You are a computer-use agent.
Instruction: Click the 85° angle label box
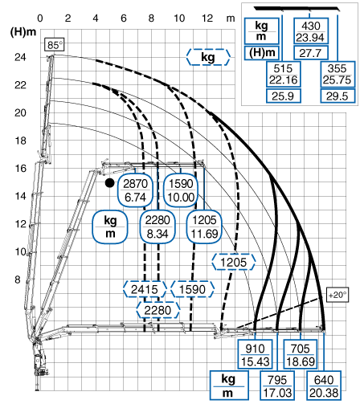click(55, 45)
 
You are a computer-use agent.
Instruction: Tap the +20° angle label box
click(337, 295)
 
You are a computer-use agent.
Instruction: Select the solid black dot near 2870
click(109, 183)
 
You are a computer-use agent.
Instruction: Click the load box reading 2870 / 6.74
click(135, 190)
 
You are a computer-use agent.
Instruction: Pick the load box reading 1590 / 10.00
click(181, 190)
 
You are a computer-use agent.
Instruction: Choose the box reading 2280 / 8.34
click(157, 226)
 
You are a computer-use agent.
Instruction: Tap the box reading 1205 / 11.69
click(204, 226)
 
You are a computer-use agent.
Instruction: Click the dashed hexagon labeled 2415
click(145, 289)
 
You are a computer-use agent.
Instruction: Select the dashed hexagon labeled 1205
click(233, 262)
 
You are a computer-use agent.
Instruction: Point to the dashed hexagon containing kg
click(208, 57)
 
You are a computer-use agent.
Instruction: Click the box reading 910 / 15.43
click(255, 355)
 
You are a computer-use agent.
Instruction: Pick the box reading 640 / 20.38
click(324, 386)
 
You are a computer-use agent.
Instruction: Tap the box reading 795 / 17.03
click(277, 386)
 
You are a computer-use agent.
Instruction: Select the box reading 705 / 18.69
click(301, 355)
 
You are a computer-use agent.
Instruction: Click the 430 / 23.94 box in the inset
click(311, 31)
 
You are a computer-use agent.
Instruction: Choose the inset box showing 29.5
click(337, 96)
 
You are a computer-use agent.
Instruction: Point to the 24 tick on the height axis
click(20, 57)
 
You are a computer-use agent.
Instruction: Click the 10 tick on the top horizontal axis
click(179, 18)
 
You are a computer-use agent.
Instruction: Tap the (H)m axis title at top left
click(23, 32)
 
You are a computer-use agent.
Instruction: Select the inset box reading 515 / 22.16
click(284, 74)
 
